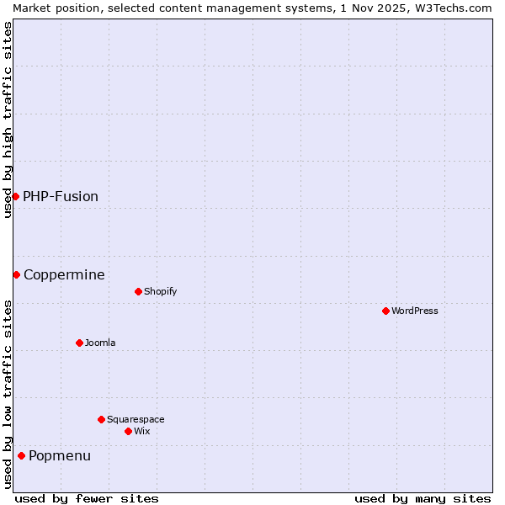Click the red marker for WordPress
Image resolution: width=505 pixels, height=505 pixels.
click(x=385, y=311)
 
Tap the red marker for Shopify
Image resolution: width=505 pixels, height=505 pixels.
click(x=138, y=291)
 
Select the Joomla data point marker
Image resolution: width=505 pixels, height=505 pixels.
click(x=79, y=343)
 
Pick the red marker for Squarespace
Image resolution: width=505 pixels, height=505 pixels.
click(x=101, y=419)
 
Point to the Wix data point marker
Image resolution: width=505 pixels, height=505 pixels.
click(x=128, y=431)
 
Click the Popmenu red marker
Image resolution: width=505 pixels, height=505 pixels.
click(x=21, y=455)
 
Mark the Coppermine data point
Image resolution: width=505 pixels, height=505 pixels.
click(x=16, y=274)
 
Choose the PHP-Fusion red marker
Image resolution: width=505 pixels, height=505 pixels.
click(x=15, y=196)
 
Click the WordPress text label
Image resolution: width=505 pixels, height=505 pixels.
click(x=415, y=311)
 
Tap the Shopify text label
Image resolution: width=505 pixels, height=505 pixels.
click(x=161, y=291)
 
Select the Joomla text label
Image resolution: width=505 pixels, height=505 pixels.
click(x=100, y=343)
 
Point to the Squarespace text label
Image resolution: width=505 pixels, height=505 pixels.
click(x=136, y=419)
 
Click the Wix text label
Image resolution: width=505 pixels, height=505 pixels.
click(x=142, y=431)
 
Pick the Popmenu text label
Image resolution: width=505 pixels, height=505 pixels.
click(x=60, y=455)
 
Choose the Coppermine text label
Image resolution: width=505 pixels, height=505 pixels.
click(x=64, y=274)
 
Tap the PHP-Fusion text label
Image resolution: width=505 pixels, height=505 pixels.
click(x=61, y=196)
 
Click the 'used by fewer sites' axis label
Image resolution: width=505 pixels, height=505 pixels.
click(x=87, y=498)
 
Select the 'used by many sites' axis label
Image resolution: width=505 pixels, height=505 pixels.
click(x=423, y=498)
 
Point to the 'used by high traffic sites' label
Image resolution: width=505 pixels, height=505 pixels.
click(x=8, y=120)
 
